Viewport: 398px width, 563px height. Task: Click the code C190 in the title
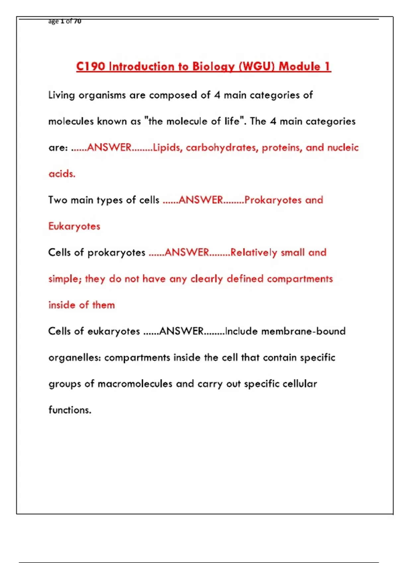(91, 66)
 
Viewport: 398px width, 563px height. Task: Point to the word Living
(61, 95)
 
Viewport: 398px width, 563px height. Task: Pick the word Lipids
(167, 147)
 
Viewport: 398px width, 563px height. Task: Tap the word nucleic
(343, 147)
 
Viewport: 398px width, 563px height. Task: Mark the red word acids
(62, 174)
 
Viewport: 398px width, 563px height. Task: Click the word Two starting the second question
(58, 200)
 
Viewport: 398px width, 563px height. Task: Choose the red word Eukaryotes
(74, 227)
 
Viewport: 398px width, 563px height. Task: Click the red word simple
(64, 279)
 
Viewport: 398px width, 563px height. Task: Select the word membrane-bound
(303, 331)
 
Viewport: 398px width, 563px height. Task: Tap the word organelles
(74, 358)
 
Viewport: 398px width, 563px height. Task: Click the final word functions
(70, 410)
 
